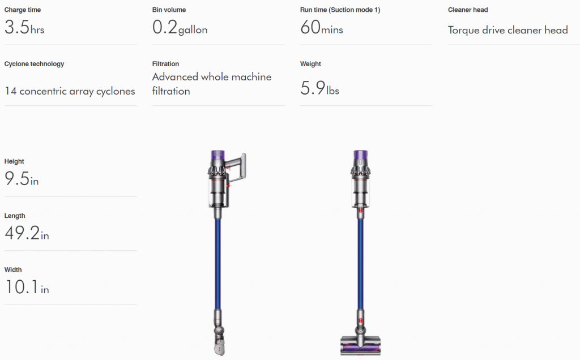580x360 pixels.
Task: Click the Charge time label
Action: (23, 10)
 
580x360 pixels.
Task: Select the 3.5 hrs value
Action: (24, 27)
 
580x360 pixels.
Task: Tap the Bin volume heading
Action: (169, 10)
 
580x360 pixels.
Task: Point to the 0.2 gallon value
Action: (180, 28)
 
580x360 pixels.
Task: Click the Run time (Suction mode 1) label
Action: (340, 10)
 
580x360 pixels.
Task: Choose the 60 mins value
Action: (322, 27)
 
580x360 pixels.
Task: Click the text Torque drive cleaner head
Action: (508, 30)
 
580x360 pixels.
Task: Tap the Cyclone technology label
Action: (34, 64)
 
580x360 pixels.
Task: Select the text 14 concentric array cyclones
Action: (70, 91)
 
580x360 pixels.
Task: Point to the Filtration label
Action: (165, 64)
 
